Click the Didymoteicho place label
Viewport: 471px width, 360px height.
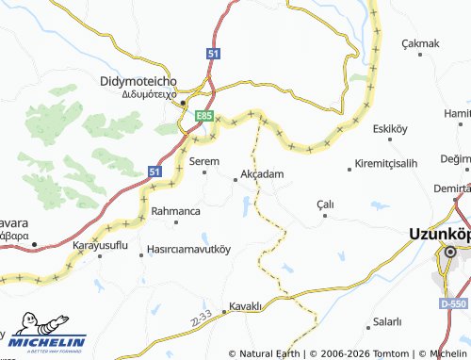[x=140, y=82]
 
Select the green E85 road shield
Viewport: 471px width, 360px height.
[x=203, y=116]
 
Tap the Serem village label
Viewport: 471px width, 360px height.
[x=204, y=161]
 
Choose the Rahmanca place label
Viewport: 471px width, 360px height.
[x=175, y=211]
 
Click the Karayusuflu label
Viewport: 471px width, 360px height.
[x=101, y=246]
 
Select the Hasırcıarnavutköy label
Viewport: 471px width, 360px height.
[x=188, y=251]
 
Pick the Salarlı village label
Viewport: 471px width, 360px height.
[x=386, y=322]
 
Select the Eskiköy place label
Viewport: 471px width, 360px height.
[x=389, y=128]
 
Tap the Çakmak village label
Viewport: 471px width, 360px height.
[x=421, y=43]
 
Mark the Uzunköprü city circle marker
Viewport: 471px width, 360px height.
[x=451, y=252]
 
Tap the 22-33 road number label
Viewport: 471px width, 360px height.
[x=199, y=320]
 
